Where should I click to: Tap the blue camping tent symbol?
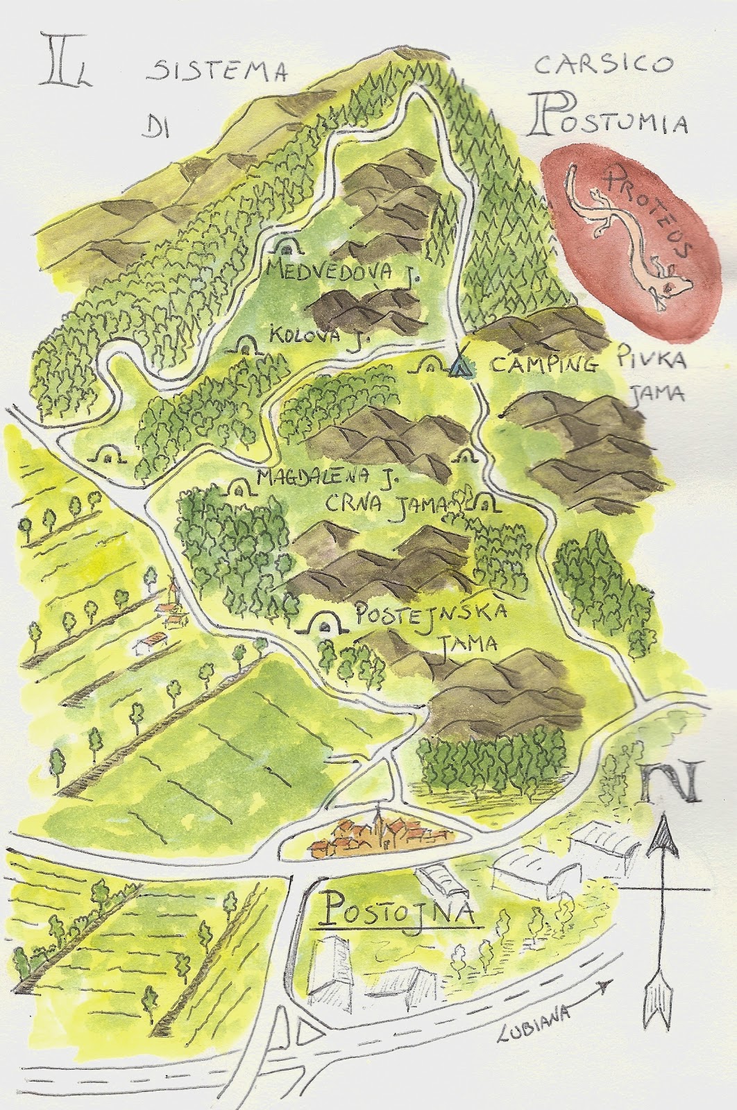(459, 366)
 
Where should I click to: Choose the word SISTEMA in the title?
(217, 71)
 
